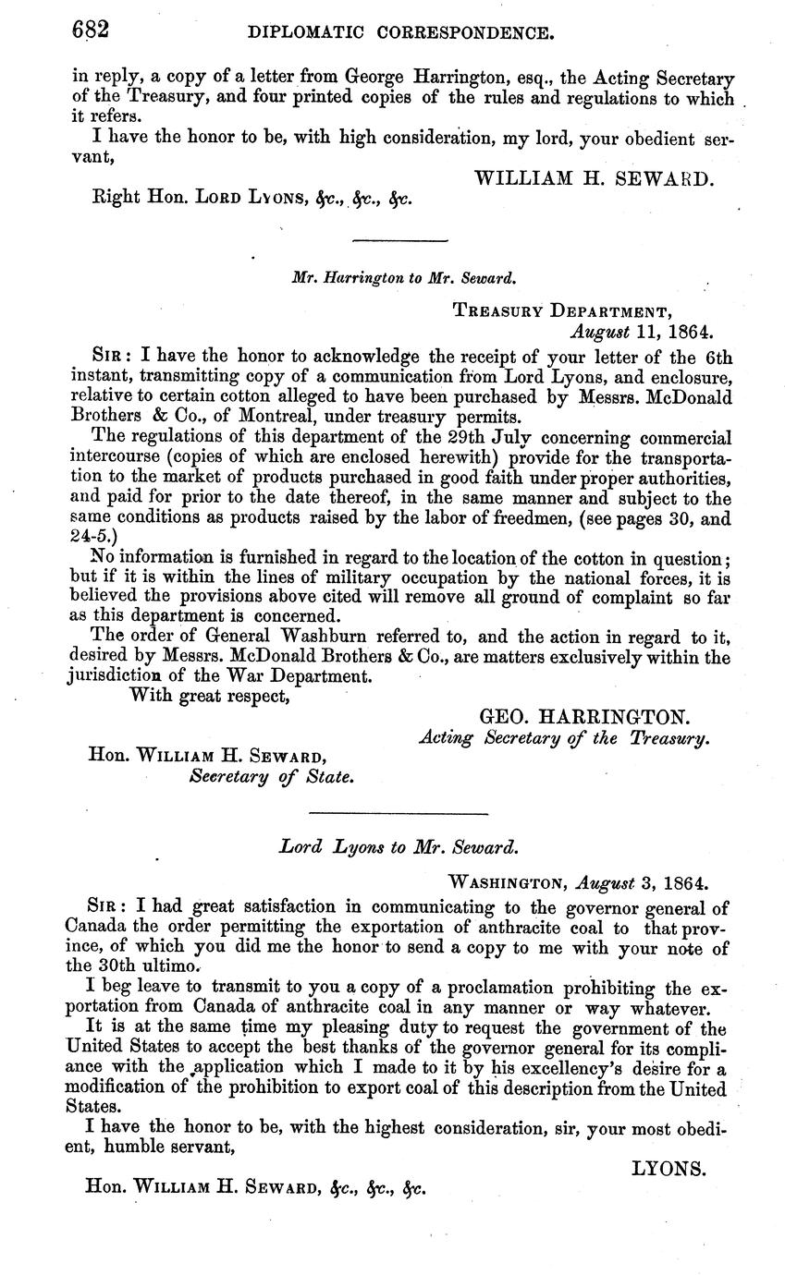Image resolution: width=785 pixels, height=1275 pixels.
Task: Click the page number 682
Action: point(92,31)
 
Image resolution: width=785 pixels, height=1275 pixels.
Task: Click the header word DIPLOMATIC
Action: point(301,35)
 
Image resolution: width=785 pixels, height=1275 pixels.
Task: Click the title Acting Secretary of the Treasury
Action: point(564,738)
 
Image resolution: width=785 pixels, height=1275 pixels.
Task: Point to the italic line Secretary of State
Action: point(271,777)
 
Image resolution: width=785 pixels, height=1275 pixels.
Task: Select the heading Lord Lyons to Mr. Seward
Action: point(399,846)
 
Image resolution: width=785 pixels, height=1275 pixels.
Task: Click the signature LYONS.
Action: point(668,1169)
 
